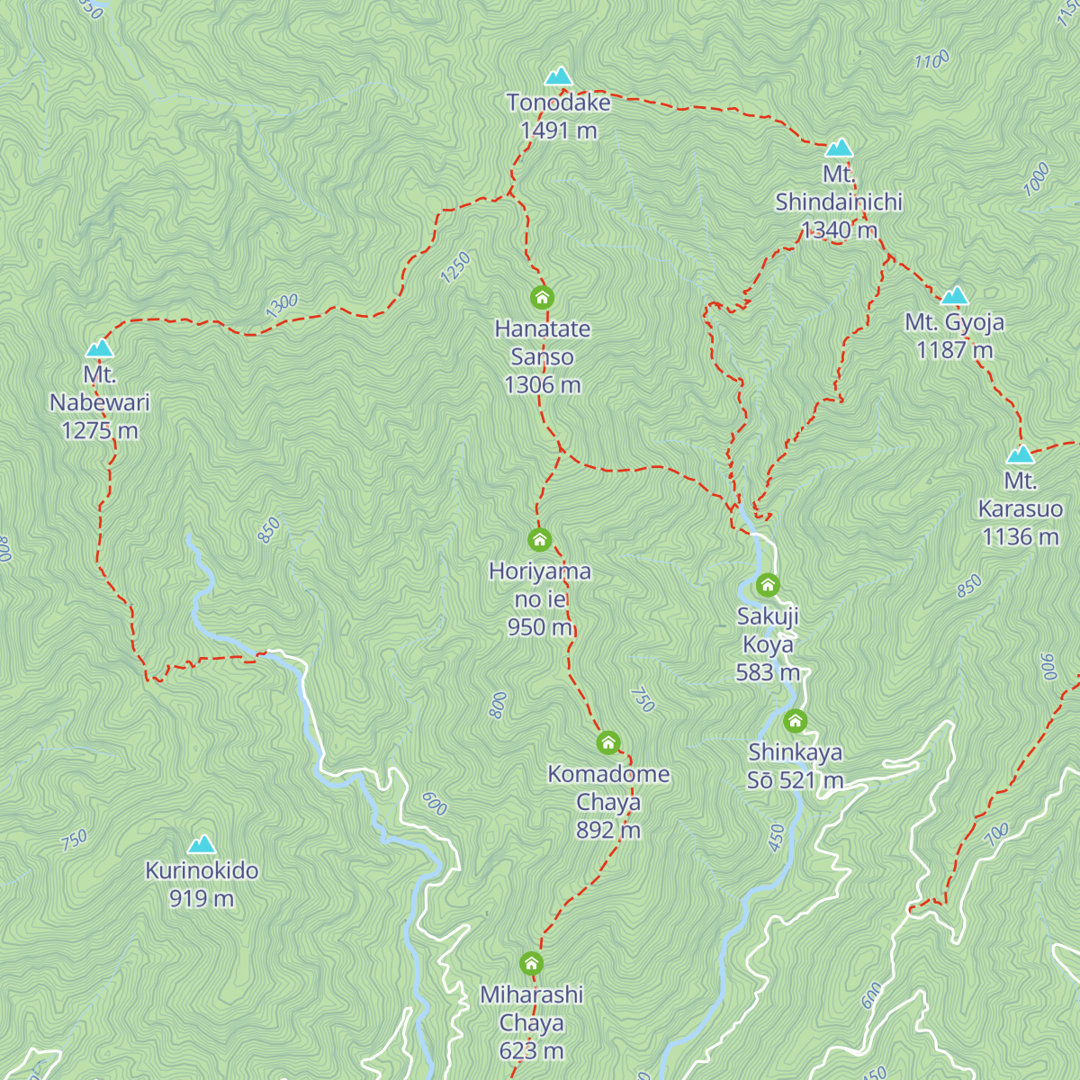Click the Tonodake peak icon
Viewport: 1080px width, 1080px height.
pos(559,76)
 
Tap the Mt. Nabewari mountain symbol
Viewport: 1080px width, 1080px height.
pos(99,348)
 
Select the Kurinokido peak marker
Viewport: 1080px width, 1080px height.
pos(202,844)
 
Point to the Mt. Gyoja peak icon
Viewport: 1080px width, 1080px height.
pos(954,296)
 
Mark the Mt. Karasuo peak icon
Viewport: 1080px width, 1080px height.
pos(1021,454)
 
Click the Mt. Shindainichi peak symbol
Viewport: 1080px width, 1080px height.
pos(839,148)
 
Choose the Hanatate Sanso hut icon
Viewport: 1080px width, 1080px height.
pos(542,297)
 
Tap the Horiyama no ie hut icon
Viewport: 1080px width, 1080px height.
pos(540,540)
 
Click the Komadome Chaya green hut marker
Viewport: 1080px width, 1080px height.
pos(608,742)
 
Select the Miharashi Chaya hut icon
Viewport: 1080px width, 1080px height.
pos(532,964)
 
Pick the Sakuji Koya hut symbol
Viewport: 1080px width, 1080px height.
pos(768,586)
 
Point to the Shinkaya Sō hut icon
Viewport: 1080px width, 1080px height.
pos(795,720)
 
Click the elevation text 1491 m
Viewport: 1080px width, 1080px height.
pos(558,130)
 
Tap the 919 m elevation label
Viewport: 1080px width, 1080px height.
pos(202,898)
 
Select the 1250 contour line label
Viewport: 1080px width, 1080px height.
pos(455,267)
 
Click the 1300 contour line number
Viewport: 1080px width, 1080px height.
pos(282,306)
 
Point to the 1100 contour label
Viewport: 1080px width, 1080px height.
pos(931,60)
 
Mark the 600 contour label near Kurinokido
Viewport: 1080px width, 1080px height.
pos(434,804)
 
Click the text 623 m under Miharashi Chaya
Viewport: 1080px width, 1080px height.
pos(532,1050)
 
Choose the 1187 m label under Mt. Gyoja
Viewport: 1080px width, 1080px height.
pos(954,350)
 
